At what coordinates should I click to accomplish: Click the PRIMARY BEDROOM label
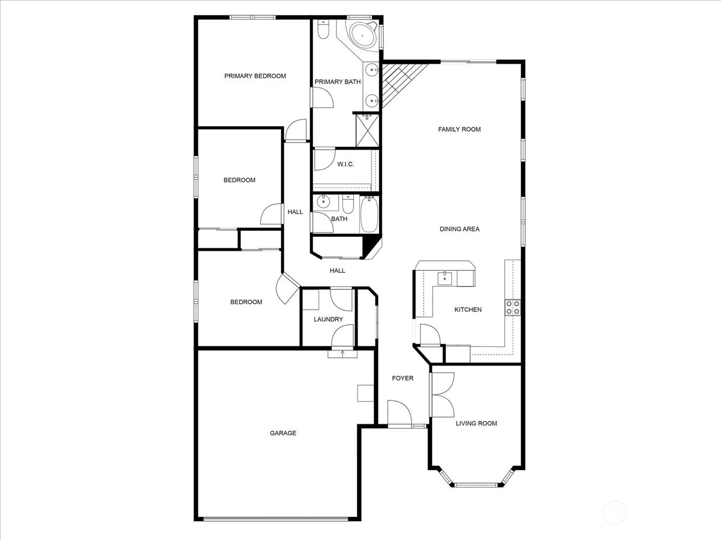[255, 76]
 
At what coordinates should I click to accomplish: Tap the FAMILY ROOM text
[459, 129]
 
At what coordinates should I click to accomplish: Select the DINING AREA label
[460, 229]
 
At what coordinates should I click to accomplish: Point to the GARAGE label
[283, 433]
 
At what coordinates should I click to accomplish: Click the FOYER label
[403, 378]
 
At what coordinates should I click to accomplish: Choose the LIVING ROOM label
[476, 423]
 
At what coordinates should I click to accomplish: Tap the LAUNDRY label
[328, 319]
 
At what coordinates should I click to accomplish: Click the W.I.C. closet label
[345, 164]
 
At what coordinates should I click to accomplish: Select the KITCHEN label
[467, 310]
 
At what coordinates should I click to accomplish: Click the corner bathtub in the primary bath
[362, 35]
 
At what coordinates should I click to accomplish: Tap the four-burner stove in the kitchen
[513, 307]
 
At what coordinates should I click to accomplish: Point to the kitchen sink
[445, 278]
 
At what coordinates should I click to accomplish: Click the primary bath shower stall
[368, 130]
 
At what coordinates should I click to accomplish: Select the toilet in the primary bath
[323, 29]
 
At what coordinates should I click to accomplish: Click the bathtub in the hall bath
[369, 214]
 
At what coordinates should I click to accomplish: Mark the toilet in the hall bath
[348, 204]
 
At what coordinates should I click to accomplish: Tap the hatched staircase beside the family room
[401, 84]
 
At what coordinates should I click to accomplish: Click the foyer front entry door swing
[400, 412]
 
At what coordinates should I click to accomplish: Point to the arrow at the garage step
[342, 354]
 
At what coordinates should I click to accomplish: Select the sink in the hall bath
[323, 202]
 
